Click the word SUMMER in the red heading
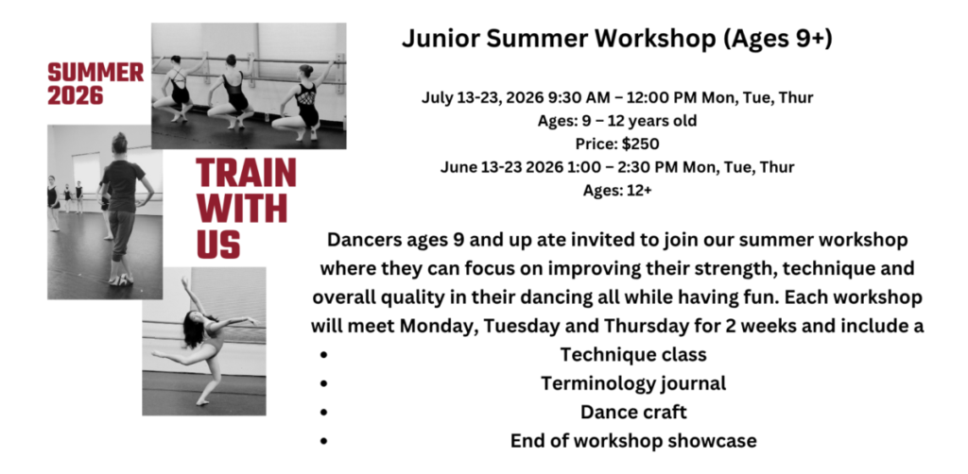coord(95,72)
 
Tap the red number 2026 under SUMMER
coord(75,94)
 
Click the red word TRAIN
coord(246,174)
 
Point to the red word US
coord(218,244)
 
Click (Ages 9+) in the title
coord(781,40)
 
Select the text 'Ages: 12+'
coord(617,190)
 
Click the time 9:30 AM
coord(555,97)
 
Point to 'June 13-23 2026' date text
coord(496,167)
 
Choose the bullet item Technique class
coord(633,355)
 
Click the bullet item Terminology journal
coord(633,383)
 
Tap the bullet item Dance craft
coord(633,412)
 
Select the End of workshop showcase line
coord(633,440)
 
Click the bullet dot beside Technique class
coord(323,356)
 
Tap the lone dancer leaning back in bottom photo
coord(201,334)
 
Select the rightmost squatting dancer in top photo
coord(304,99)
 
